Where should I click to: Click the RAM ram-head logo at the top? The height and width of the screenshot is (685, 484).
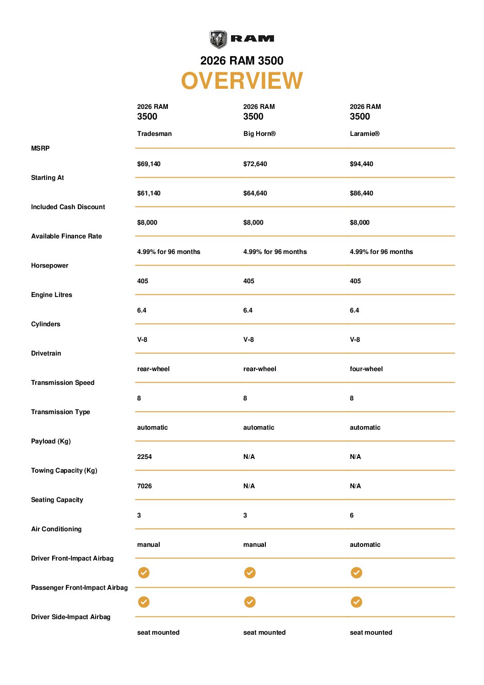(x=218, y=39)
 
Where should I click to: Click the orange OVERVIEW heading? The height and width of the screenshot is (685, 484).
(x=242, y=81)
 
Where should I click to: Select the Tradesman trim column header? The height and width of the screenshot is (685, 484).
(x=154, y=134)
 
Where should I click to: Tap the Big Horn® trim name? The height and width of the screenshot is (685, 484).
(x=259, y=134)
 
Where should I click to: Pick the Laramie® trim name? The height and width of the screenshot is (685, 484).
(x=365, y=134)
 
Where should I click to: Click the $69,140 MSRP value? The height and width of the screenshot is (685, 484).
(x=149, y=164)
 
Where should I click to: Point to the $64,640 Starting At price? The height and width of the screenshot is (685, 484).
(x=255, y=193)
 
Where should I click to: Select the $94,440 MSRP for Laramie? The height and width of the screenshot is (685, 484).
(x=361, y=164)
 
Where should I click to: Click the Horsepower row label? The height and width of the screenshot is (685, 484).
(x=49, y=265)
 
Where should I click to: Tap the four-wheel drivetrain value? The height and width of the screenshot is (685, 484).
(x=366, y=369)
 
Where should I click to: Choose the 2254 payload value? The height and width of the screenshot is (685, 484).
(x=144, y=457)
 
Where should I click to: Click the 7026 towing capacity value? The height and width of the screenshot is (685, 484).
(x=144, y=486)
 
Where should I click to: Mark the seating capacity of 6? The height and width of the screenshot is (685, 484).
(x=351, y=515)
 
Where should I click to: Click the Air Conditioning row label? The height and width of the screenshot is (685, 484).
(x=56, y=529)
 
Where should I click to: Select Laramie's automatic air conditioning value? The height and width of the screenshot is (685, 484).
(x=365, y=545)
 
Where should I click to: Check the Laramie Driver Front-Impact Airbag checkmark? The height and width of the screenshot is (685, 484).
(x=356, y=572)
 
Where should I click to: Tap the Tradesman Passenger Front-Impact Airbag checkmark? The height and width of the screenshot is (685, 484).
(x=144, y=602)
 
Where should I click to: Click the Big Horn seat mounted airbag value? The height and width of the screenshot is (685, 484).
(x=264, y=632)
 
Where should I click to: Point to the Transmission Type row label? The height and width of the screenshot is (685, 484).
(x=60, y=412)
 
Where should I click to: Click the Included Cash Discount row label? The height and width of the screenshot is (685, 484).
(x=68, y=207)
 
